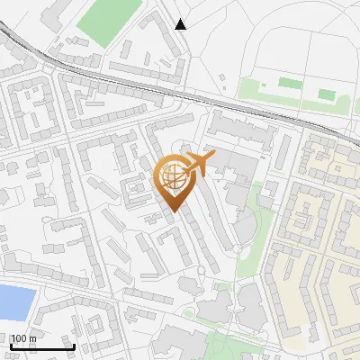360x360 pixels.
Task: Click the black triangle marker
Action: [x=181, y=24]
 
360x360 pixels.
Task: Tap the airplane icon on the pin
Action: [x=198, y=164]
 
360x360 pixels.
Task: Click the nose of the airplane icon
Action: [x=213, y=156]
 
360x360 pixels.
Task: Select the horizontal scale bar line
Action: [x=42, y=346]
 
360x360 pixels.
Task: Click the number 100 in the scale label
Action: [x=19, y=338]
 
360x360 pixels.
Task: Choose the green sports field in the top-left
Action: [x=108, y=20]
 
